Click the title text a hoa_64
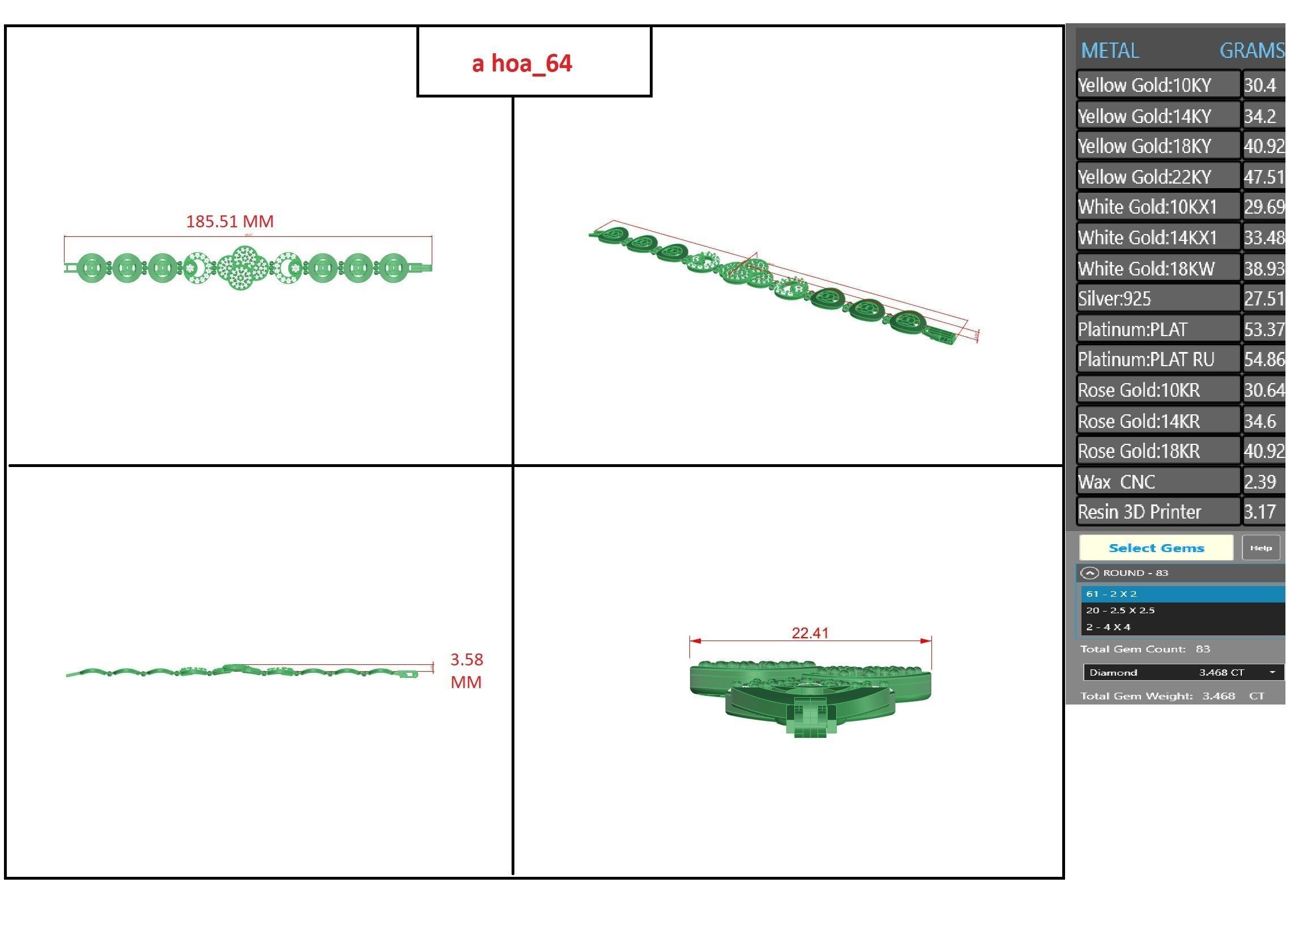point(521,63)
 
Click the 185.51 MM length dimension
point(229,222)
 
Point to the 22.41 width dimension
point(810,633)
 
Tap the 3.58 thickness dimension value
point(466,660)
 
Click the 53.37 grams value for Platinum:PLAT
point(1263,329)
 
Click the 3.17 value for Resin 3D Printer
point(1259,512)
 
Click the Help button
point(1261,548)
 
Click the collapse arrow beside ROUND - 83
point(1089,573)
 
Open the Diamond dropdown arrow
point(1272,673)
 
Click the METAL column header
point(1109,50)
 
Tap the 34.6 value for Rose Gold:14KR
point(1259,421)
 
